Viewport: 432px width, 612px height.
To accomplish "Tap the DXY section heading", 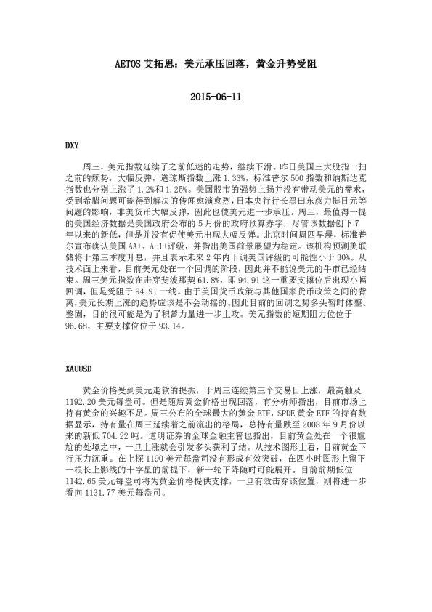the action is click(x=72, y=145).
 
